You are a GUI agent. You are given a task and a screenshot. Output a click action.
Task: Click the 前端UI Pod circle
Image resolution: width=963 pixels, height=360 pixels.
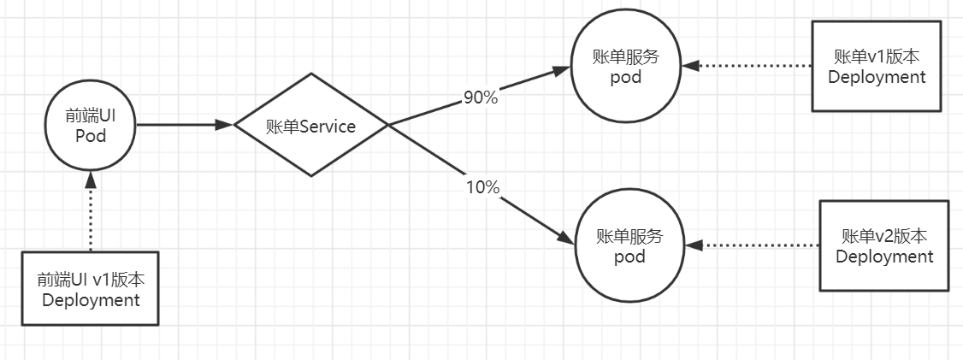(x=90, y=126)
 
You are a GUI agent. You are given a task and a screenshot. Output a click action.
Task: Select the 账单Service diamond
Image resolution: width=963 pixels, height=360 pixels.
(x=311, y=126)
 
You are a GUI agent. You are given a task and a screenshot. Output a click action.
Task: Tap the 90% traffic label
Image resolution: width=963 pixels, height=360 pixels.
(x=480, y=97)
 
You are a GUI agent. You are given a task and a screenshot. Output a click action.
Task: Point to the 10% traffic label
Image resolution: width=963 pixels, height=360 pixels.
(x=482, y=187)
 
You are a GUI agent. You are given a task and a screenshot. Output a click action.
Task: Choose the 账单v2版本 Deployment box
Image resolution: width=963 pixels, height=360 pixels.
(x=884, y=246)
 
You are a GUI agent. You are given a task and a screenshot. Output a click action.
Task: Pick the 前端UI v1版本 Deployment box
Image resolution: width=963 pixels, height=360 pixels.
(x=90, y=288)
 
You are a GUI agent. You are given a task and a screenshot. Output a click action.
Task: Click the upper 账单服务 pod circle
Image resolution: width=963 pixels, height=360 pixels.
(x=626, y=67)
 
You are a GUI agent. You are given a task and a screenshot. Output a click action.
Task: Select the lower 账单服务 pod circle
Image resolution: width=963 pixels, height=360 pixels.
(x=630, y=246)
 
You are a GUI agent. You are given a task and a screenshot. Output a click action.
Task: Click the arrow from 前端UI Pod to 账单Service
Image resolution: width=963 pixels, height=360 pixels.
(x=184, y=125)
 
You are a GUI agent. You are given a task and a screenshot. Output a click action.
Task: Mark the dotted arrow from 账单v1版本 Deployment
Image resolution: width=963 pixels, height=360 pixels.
(x=748, y=65)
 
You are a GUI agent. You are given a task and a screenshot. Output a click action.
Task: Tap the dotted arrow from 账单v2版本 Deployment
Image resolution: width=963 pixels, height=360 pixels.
(x=753, y=245)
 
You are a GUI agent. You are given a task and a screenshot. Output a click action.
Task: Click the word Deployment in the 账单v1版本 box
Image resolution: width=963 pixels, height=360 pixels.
(x=877, y=77)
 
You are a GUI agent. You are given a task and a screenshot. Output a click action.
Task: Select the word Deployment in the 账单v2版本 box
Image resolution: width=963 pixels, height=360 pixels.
(x=884, y=257)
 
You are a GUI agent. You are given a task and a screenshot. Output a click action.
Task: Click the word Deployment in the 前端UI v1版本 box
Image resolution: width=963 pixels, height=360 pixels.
(x=90, y=300)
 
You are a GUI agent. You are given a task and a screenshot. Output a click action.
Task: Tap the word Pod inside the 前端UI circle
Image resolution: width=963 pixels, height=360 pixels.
(x=90, y=136)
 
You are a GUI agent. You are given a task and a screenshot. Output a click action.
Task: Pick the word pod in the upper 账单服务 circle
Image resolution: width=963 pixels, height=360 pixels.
(x=626, y=78)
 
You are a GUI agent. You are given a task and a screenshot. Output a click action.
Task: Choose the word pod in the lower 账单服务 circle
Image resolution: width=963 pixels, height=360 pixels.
(x=630, y=257)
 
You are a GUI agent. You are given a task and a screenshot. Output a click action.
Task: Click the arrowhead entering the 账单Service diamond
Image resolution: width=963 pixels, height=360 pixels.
(x=225, y=125)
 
